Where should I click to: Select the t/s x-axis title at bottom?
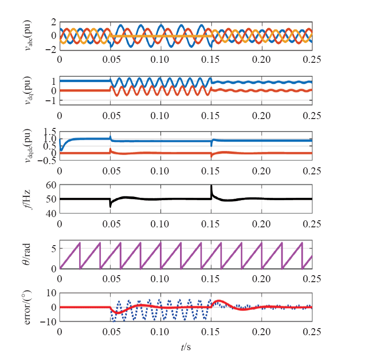click(x=186, y=347)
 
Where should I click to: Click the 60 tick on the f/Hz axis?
click(x=51, y=186)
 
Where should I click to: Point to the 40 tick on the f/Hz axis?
click(x=51, y=213)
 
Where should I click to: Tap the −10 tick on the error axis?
click(x=48, y=322)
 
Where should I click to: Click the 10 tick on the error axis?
click(x=51, y=293)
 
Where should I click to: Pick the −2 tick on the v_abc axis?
click(x=50, y=49)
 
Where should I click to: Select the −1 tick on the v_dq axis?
click(x=51, y=101)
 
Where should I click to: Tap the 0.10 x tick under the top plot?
click(x=160, y=60)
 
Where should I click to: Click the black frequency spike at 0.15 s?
click(x=211, y=187)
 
